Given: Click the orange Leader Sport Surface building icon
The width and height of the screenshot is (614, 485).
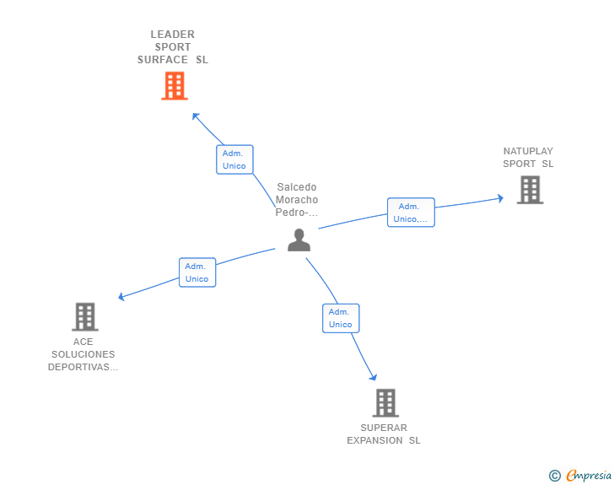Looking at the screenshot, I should pyautogui.click(x=174, y=86).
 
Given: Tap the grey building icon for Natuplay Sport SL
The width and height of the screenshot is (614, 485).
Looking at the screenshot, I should pyautogui.click(x=530, y=190).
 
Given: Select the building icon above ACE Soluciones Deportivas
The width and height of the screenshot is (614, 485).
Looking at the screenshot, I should pyautogui.click(x=84, y=317).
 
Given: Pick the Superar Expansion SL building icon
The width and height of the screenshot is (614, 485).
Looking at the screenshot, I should pyautogui.click(x=385, y=403).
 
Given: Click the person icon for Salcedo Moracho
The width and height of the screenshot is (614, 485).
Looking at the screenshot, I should pyautogui.click(x=299, y=240).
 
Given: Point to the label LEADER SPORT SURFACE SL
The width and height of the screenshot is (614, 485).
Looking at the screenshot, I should pyautogui.click(x=173, y=47).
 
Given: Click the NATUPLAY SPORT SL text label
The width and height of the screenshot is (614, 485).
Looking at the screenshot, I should pyautogui.click(x=528, y=158).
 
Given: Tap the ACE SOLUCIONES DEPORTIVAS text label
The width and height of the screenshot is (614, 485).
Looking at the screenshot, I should pyautogui.click(x=83, y=354).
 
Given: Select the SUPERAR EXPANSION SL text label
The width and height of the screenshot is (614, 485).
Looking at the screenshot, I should pyautogui.click(x=384, y=434).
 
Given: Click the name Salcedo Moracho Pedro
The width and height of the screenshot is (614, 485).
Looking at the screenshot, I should pyautogui.click(x=297, y=200).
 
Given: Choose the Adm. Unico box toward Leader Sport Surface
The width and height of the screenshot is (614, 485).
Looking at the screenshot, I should pyautogui.click(x=234, y=159).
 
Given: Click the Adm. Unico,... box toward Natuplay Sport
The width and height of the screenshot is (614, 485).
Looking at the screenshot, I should pyautogui.click(x=411, y=213).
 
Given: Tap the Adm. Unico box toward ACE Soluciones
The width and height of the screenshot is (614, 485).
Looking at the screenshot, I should pyautogui.click(x=197, y=272).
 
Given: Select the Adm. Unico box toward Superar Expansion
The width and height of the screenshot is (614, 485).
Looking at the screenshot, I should pyautogui.click(x=340, y=318).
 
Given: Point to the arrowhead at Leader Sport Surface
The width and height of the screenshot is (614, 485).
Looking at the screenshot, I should pyautogui.click(x=195, y=115).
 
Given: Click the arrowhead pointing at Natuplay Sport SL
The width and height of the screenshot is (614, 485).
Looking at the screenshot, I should pyautogui.click(x=500, y=199).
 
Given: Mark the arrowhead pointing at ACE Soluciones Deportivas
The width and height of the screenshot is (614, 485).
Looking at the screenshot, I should pyautogui.click(x=121, y=297).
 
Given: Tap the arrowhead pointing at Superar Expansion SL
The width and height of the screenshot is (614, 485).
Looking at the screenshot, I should pyautogui.click(x=373, y=378).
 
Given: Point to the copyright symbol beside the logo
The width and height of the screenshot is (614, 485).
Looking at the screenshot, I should pyautogui.click(x=554, y=476).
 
